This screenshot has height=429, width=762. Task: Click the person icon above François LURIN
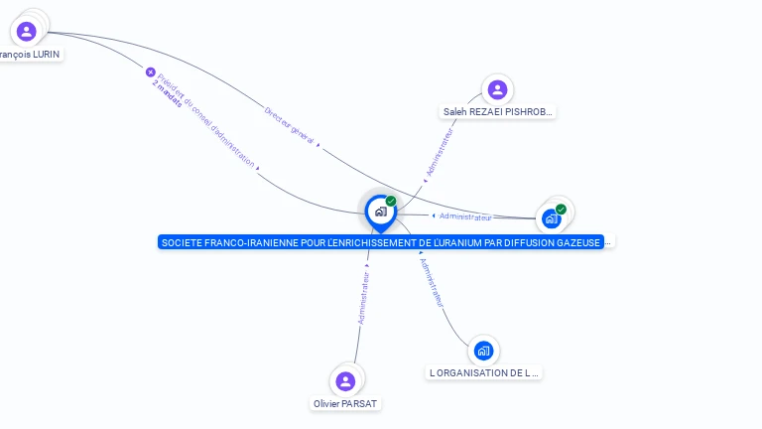tap(27, 31)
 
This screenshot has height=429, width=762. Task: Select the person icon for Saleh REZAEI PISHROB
tap(497, 90)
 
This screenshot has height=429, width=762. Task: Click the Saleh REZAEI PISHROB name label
tap(497, 112)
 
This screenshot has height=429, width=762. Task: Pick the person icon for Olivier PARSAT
tap(345, 381)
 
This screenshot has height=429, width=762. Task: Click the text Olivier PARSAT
tap(345, 404)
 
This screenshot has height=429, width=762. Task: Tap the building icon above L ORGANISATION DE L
tap(483, 351)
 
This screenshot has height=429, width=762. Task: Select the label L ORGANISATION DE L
tap(484, 373)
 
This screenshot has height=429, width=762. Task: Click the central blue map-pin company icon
tap(380, 212)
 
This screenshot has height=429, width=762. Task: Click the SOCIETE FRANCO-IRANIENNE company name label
tap(381, 242)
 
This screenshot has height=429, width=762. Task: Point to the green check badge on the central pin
tap(391, 201)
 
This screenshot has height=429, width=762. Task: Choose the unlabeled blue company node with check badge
tap(552, 218)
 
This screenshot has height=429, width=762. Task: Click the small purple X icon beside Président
tap(151, 71)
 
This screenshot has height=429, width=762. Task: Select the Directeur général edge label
tap(290, 126)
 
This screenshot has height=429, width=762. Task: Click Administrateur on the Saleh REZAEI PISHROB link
tap(439, 153)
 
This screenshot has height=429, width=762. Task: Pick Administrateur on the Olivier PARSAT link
tap(364, 298)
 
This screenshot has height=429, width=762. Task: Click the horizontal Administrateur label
tap(464, 216)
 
